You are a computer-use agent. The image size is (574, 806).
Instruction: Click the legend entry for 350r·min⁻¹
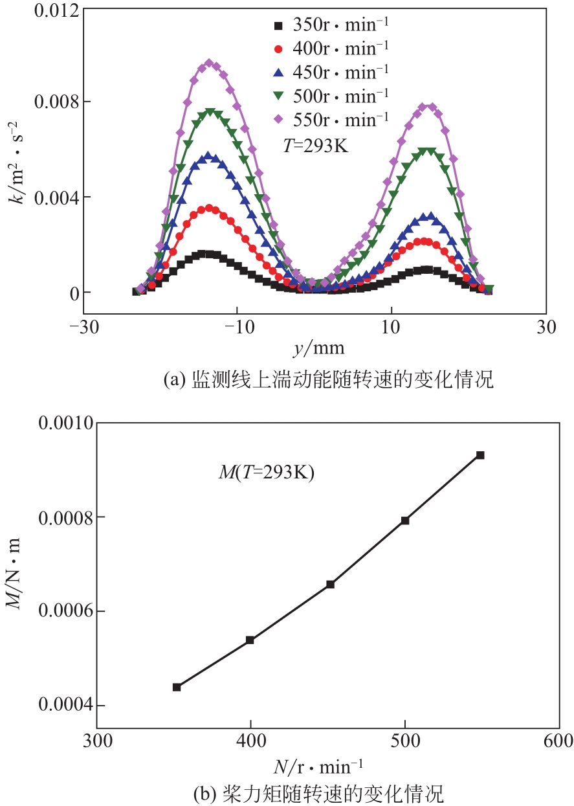pyautogui.click(x=330, y=26)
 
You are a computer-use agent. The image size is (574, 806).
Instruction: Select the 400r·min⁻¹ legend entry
pyautogui.click(x=330, y=49)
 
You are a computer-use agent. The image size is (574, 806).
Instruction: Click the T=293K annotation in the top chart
pyautogui.click(x=315, y=146)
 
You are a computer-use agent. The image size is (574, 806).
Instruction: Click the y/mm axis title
pyautogui.click(x=318, y=350)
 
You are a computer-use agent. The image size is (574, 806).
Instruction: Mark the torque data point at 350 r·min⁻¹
pyautogui.click(x=177, y=687)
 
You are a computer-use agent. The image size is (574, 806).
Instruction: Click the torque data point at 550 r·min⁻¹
pyautogui.click(x=480, y=455)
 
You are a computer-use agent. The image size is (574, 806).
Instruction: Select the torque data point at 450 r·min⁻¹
pyautogui.click(x=330, y=584)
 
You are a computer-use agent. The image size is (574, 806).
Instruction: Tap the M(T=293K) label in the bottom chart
pyautogui.click(x=265, y=473)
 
